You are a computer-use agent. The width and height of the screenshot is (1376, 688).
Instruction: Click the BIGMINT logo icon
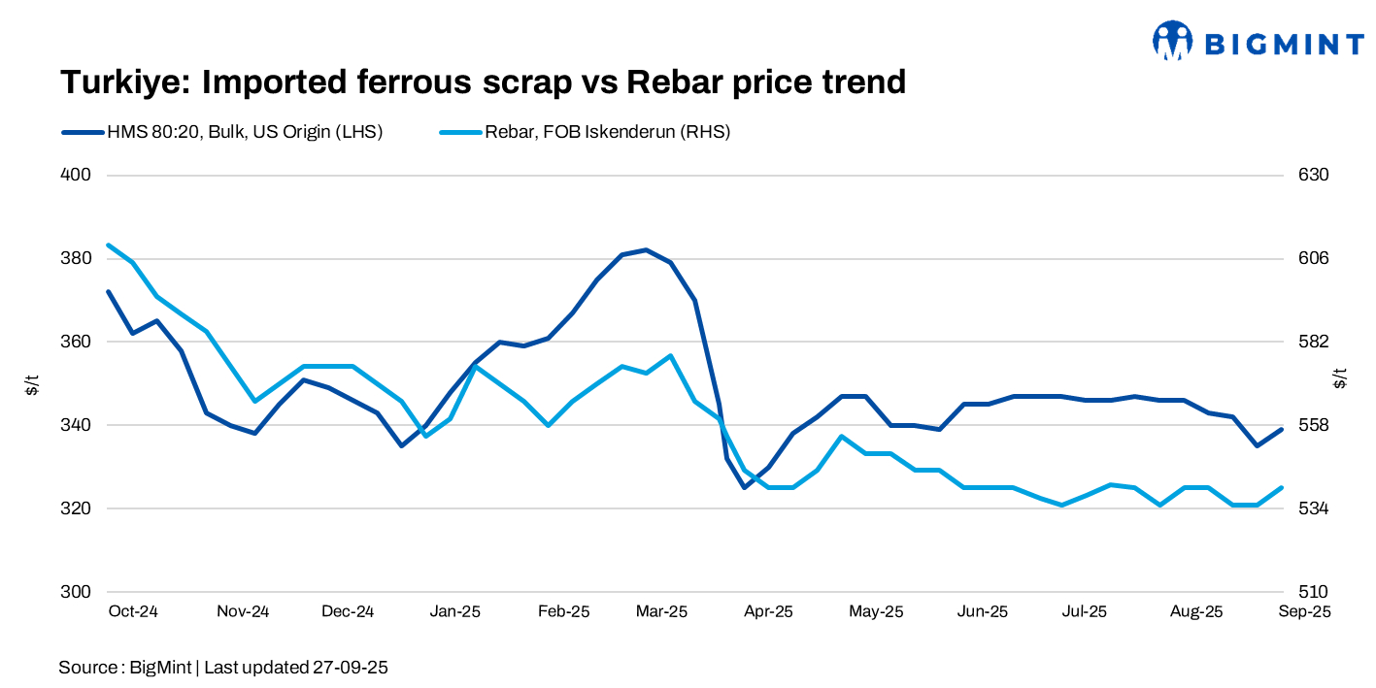1172,41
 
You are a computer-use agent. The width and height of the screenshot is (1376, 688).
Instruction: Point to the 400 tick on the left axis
77,176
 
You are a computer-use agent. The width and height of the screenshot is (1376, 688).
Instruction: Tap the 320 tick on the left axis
77,508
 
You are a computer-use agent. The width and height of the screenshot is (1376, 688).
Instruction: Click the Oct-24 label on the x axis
134,612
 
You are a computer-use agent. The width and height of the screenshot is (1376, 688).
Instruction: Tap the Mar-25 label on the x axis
661,612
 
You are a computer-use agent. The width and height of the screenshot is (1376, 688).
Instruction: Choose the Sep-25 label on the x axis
1304,612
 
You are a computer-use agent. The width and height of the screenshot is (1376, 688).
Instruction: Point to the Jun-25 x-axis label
983,612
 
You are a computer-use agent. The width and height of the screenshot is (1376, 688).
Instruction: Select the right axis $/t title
1340,378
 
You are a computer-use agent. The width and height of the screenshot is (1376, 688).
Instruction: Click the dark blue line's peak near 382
646,249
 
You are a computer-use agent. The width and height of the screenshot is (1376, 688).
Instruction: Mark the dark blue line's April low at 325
745,487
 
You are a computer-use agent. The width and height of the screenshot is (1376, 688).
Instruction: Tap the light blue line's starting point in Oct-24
108,245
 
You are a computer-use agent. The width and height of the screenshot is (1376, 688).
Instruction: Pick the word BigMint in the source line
160,668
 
